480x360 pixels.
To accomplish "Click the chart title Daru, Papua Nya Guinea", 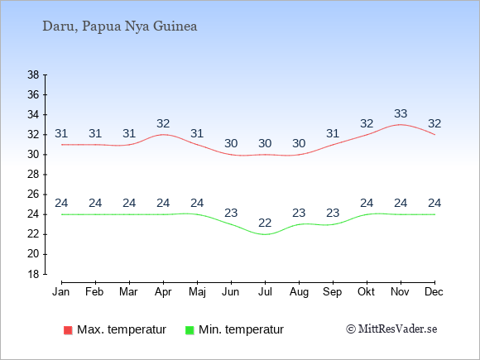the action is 120,26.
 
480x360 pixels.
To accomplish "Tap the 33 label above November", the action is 401,113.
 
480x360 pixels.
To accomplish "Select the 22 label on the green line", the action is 265,223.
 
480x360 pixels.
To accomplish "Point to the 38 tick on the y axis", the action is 33,74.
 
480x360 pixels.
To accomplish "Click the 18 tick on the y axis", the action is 33,274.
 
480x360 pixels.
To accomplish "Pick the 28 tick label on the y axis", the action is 33,175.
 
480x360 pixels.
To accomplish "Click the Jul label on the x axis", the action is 265,292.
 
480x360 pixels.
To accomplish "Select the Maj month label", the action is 197,292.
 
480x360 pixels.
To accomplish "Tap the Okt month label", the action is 366,292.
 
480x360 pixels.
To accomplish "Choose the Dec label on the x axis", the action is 434,292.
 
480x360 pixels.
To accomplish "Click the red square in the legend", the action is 68,330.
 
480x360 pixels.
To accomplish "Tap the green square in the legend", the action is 190,330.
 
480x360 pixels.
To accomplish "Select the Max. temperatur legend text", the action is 122,329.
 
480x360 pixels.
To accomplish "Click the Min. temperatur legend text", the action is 241,329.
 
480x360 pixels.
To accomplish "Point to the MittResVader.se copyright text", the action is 391,329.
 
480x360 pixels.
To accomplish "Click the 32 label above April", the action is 163,123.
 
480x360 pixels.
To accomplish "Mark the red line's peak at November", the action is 401,125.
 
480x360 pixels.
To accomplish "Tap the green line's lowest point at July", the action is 265,234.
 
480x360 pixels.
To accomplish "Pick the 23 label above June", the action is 231,213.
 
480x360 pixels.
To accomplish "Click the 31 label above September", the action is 333,133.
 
